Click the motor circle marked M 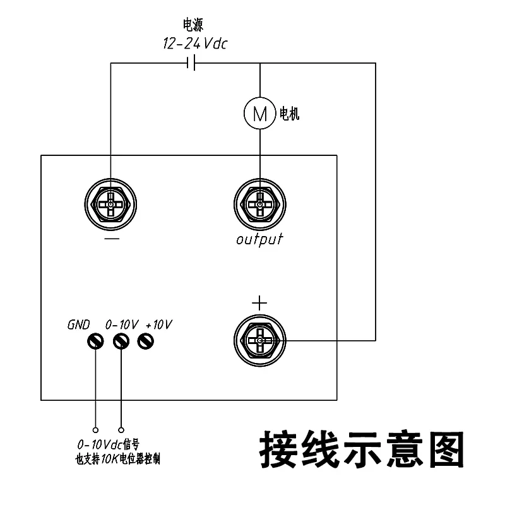[259, 114]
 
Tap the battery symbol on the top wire [191, 63]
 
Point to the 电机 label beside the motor [288, 114]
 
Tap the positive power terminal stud [259, 341]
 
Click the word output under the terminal [259, 240]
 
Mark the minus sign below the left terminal [111, 240]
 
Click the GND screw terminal [95, 342]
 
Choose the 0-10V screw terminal [121, 342]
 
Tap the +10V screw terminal [146, 342]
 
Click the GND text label [79, 324]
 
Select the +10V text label [159, 324]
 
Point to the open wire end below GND [95, 428]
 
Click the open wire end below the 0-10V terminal [121, 428]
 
